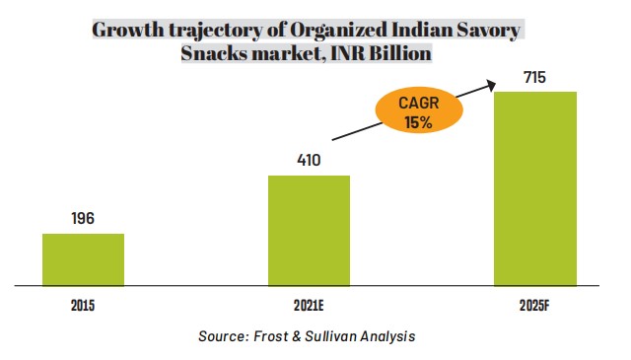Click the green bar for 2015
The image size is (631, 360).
pyautogui.click(x=83, y=259)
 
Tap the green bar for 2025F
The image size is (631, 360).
pyautogui.click(x=534, y=188)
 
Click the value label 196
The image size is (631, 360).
pyautogui.click(x=83, y=219)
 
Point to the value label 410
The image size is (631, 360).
pyautogui.click(x=309, y=160)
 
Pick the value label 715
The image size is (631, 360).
pyautogui.click(x=534, y=77)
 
